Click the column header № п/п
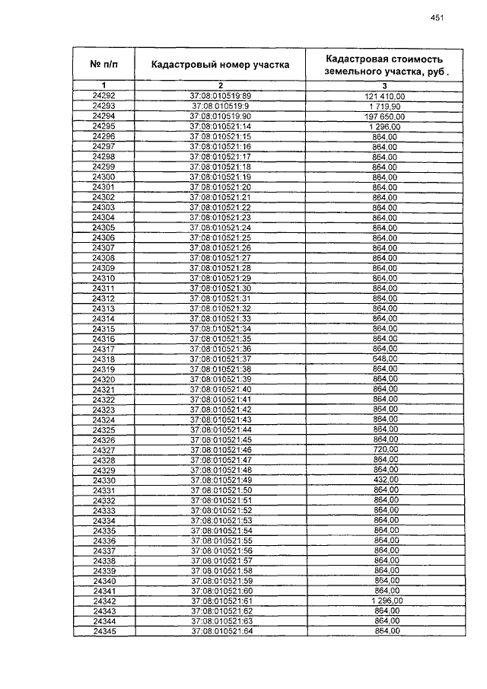pos(103,64)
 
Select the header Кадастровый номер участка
pos(220,65)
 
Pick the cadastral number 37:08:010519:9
pos(220,106)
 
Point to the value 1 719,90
pos(384,106)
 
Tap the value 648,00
pos(384,359)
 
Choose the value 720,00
pos(384,450)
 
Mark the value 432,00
pos(384,480)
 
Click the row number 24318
pos(103,359)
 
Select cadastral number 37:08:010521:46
pos(220,450)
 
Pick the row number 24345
pos(103,631)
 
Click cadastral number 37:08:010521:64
pos(220,631)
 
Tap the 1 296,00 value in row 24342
pos(384,601)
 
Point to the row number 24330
pos(103,480)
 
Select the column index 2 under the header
pos(220,85)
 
